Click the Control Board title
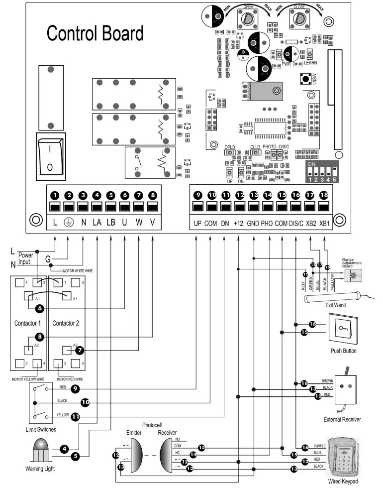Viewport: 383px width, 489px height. (x=95, y=33)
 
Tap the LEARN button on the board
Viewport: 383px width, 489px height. (x=310, y=54)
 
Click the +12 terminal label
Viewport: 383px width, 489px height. (x=240, y=223)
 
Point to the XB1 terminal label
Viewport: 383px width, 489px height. (x=324, y=223)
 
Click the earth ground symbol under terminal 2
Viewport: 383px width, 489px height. (x=69, y=223)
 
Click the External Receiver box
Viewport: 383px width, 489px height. (x=349, y=391)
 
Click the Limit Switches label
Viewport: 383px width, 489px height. (x=40, y=429)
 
